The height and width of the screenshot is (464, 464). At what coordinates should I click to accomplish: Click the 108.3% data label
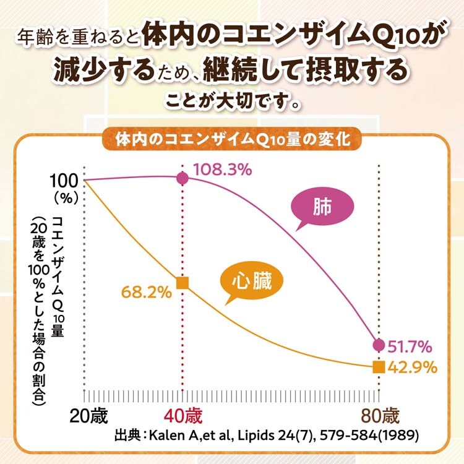222,170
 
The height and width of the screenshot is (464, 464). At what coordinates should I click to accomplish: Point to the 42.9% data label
414,367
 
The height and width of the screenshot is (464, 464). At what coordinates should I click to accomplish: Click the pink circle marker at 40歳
183,178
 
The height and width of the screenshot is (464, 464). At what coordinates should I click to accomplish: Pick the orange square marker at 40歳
183,283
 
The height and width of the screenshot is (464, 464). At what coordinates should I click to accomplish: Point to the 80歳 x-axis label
379,415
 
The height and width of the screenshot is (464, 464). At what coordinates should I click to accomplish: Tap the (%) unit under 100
65,199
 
